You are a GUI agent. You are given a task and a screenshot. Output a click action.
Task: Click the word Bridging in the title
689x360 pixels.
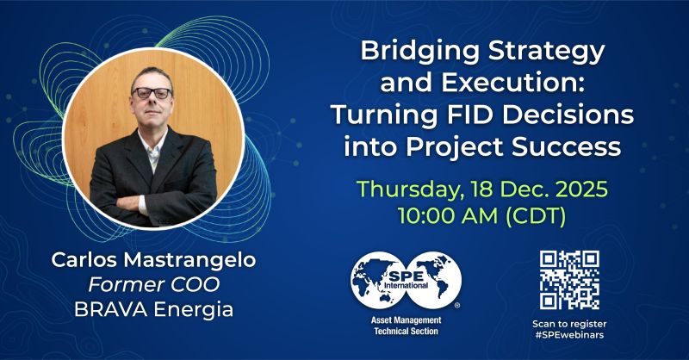pyautogui.click(x=419, y=53)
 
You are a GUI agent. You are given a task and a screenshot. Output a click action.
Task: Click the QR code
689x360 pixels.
pyautogui.click(x=569, y=281)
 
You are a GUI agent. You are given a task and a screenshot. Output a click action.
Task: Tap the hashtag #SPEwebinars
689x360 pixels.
pyautogui.click(x=569, y=335)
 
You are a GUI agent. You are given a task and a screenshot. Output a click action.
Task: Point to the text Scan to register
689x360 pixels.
pyautogui.click(x=569, y=324)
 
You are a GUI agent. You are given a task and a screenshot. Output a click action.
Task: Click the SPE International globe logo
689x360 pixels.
pyautogui.click(x=406, y=280)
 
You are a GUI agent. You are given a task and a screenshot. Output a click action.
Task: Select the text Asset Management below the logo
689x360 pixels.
pyautogui.click(x=406, y=320)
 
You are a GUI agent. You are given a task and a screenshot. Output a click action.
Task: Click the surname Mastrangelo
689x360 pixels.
pyautogui.click(x=189, y=260)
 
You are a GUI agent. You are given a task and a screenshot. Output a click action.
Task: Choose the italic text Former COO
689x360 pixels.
pyautogui.click(x=154, y=285)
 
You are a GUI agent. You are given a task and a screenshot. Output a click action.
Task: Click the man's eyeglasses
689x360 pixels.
pyautogui.click(x=152, y=93)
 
